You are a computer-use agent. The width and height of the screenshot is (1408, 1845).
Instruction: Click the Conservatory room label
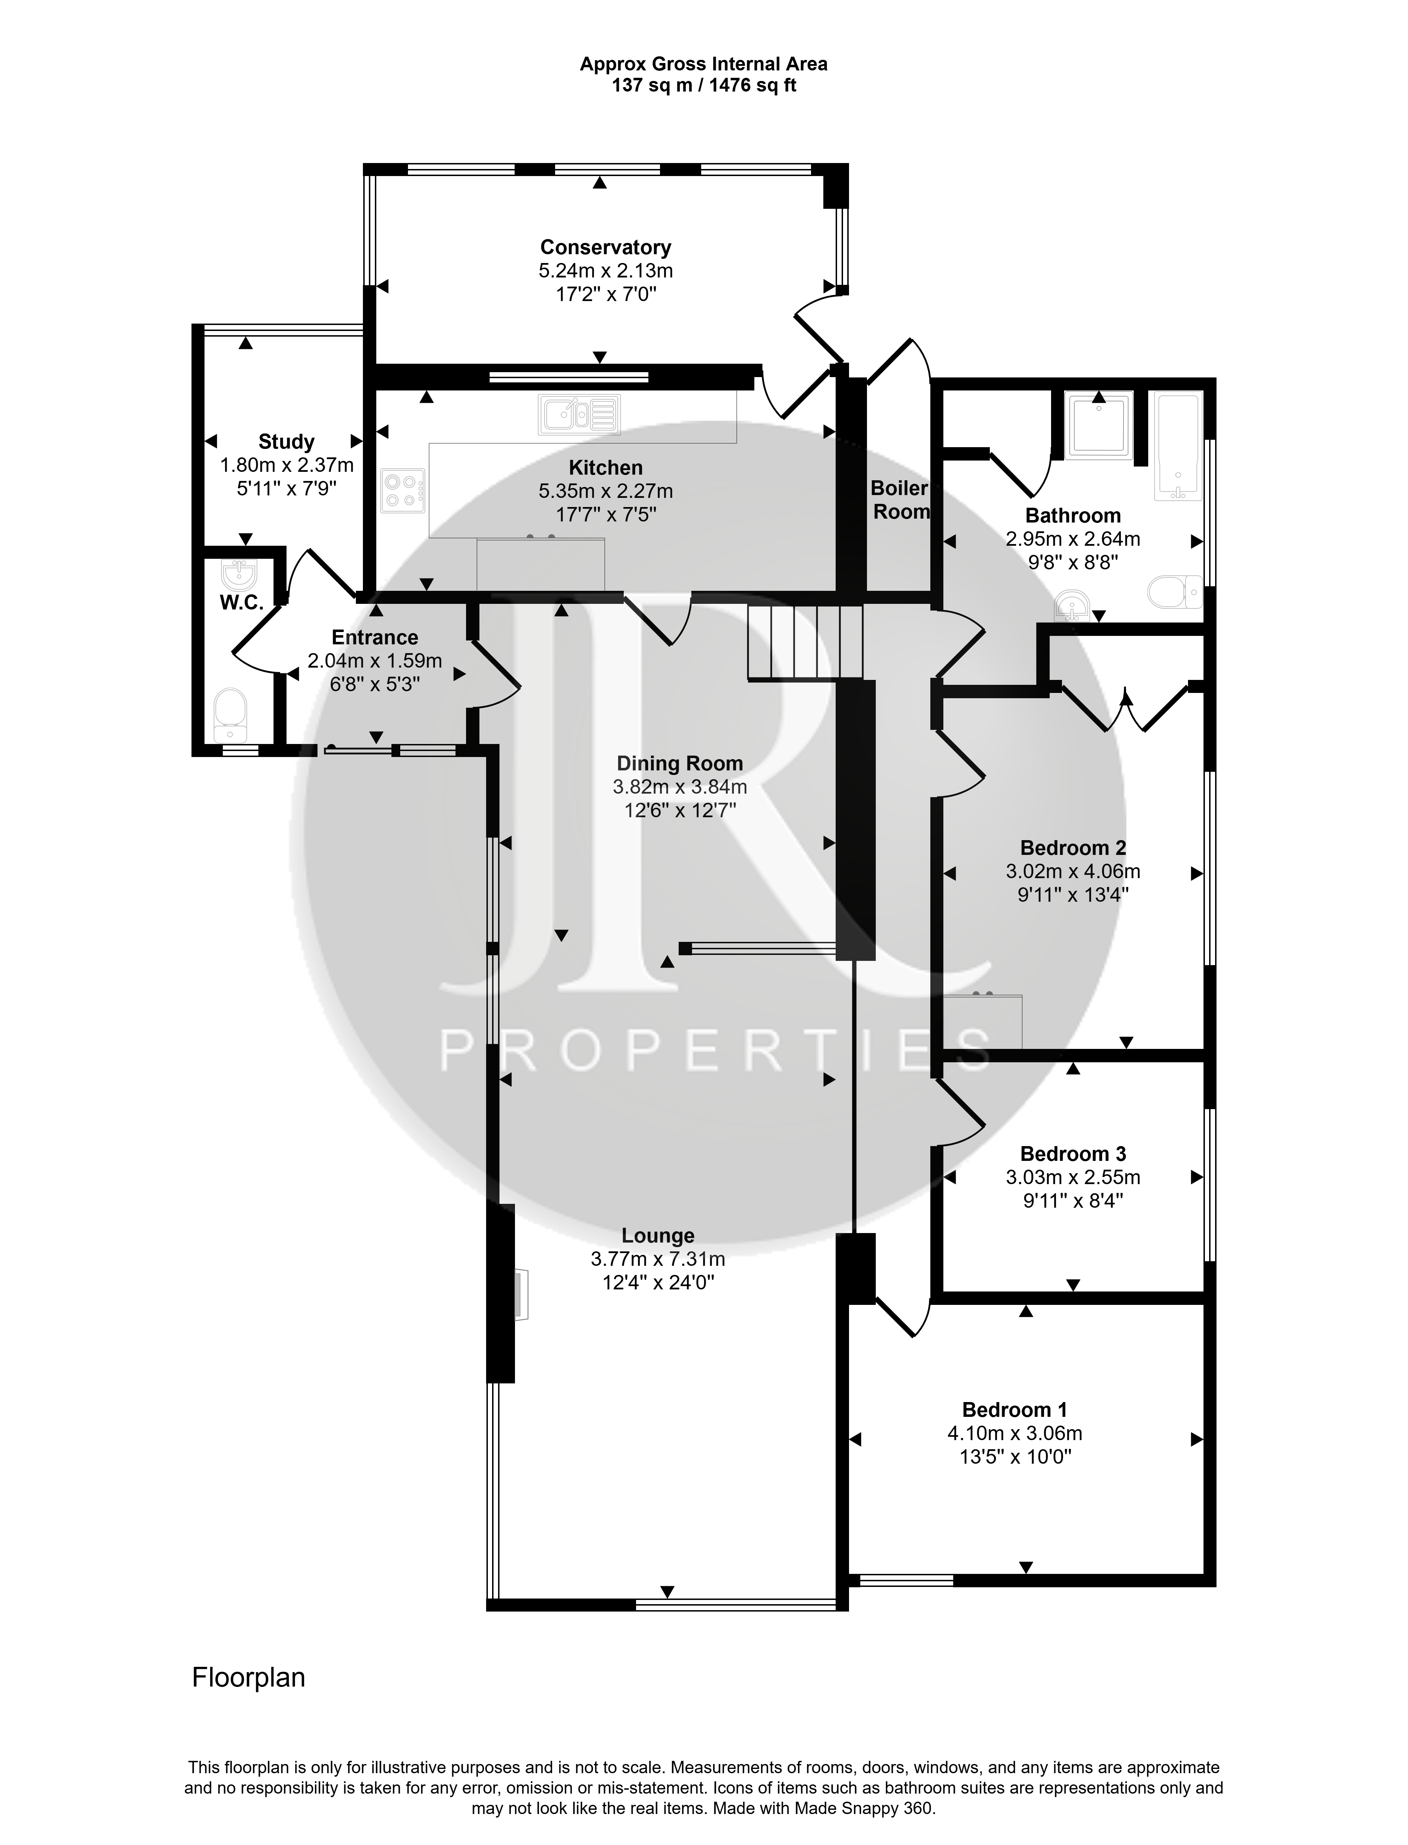[605, 247]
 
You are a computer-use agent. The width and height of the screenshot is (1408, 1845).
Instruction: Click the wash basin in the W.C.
[239, 575]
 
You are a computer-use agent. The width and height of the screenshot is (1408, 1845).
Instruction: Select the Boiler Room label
[900, 500]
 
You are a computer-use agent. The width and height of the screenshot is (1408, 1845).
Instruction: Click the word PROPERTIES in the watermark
[715, 1050]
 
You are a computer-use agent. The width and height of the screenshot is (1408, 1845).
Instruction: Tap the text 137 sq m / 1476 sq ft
[704, 86]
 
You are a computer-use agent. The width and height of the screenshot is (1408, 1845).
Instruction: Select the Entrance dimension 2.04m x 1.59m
[375, 661]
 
